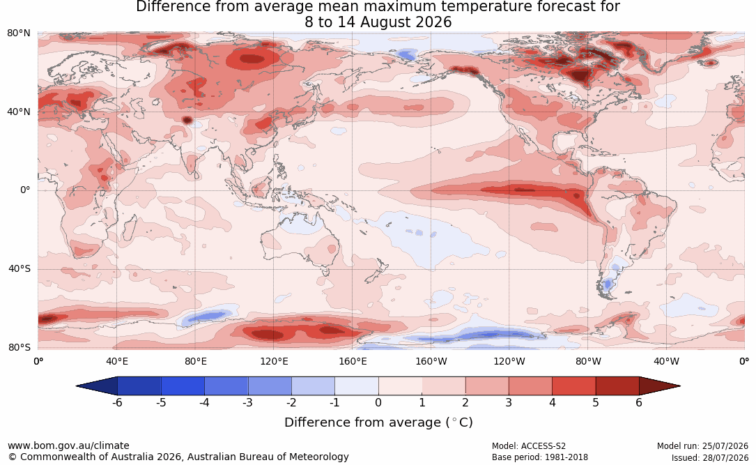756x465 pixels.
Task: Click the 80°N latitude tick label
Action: (18, 33)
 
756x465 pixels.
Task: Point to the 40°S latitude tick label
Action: (19, 268)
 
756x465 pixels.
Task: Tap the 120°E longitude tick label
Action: (274, 361)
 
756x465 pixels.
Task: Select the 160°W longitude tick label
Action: (431, 361)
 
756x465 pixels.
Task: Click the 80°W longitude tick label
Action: (588, 361)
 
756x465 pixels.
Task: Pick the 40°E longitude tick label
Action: (116, 361)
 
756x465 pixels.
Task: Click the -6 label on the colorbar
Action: (117, 402)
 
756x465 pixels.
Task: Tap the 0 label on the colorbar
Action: (378, 402)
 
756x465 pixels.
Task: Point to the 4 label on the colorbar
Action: (553, 402)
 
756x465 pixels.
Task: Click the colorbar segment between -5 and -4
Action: (183, 386)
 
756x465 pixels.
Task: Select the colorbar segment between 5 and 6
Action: (617, 386)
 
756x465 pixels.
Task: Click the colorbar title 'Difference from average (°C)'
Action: (378, 422)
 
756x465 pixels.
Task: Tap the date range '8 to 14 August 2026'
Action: (378, 22)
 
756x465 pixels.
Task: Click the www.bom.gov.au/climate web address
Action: (68, 445)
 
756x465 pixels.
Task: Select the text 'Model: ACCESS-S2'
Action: (529, 446)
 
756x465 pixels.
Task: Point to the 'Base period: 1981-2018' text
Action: (540, 457)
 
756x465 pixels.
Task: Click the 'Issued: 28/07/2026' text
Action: (710, 457)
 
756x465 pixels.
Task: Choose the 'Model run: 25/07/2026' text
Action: (702, 446)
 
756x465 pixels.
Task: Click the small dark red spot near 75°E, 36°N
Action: (187, 120)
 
